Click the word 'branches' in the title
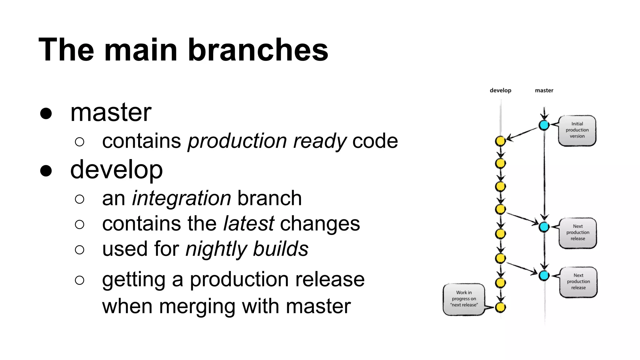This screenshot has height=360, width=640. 258,50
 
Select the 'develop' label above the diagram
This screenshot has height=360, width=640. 500,90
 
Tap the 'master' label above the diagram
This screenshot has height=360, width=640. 544,90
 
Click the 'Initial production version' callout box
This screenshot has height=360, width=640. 577,130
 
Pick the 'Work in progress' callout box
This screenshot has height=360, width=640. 464,299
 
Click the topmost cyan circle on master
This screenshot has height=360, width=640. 544,125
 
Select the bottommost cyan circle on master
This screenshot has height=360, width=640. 544,275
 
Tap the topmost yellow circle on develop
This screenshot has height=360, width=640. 500,141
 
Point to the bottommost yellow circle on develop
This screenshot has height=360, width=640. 500,307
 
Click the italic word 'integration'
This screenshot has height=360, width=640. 181,198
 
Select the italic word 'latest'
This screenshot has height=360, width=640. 249,224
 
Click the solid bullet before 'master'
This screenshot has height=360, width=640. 46,113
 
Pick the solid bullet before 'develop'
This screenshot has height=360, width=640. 46,171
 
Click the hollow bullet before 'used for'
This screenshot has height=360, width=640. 80,250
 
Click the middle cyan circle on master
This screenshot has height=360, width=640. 544,227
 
